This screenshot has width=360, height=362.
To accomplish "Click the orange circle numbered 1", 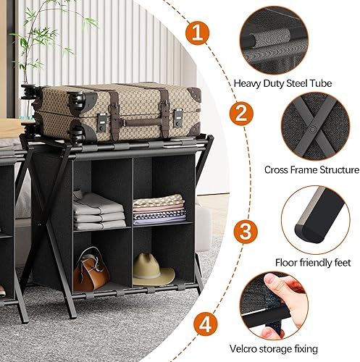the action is tap(197, 33).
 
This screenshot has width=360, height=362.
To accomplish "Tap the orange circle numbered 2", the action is tap(241, 114).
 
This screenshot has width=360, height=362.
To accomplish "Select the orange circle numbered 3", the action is tap(246, 232).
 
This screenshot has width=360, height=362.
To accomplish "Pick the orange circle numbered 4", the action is tap(206, 324).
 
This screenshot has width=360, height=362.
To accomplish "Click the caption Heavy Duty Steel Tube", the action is tap(282, 83).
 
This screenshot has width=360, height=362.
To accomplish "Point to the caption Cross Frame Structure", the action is tap(311, 170).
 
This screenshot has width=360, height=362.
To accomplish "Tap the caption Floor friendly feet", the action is tap(313, 262).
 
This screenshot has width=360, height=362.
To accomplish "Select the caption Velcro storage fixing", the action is tap(274, 349).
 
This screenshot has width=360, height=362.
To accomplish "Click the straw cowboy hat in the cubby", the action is tap(153, 270).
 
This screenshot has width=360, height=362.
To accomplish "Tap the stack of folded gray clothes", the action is tap(99, 211).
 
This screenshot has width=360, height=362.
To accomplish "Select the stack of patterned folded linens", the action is tap(159, 209).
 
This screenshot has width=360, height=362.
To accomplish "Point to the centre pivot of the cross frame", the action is tap(312, 129).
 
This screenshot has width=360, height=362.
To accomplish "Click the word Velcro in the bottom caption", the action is tap(245, 349).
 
